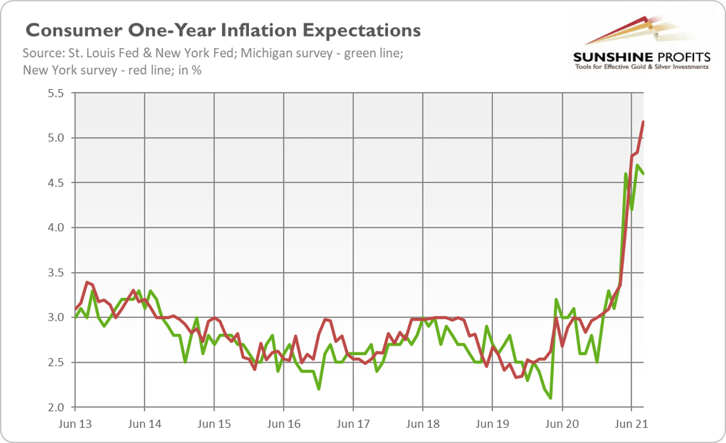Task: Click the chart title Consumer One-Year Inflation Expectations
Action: (223, 30)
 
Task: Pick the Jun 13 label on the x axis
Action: (74, 422)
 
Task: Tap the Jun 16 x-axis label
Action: (283, 422)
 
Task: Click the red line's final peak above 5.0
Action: (644, 122)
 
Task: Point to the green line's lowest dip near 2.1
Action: (550, 398)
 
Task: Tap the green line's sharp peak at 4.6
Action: (626, 174)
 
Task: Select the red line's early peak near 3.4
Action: (86, 282)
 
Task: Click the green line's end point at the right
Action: (644, 173)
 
